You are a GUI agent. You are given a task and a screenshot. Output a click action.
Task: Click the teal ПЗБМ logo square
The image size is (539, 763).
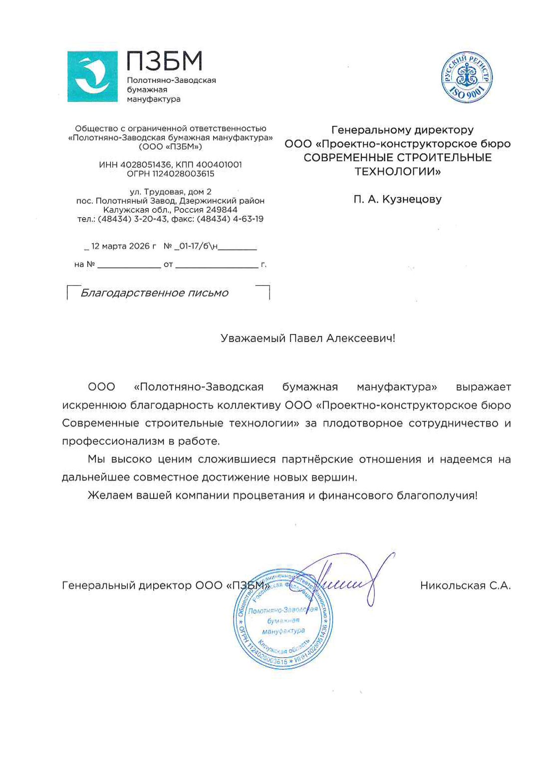92,76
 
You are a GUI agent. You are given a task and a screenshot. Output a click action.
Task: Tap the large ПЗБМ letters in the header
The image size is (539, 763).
164,61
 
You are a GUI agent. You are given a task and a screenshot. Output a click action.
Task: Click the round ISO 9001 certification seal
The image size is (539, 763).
466,77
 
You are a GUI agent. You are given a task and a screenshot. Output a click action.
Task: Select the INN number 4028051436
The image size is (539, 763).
146,165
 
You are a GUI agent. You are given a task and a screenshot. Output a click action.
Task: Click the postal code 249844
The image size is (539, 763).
222,210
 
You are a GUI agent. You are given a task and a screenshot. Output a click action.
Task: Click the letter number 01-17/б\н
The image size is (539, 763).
199,246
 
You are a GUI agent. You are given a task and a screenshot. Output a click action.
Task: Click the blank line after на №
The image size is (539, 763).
129,265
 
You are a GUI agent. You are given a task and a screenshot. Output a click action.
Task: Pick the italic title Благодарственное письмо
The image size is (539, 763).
155,293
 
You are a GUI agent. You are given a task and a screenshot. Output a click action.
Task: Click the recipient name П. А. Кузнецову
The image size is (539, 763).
397,199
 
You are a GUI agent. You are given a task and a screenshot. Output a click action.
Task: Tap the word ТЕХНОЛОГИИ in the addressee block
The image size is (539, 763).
397,172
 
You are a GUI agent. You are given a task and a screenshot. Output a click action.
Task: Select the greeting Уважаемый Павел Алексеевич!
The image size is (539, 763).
307,339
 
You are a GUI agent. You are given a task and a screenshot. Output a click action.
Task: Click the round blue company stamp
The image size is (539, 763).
283,619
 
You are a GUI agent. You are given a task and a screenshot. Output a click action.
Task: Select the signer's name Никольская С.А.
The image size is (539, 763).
465,586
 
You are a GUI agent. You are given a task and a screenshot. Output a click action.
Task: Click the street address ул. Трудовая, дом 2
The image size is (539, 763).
170,192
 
